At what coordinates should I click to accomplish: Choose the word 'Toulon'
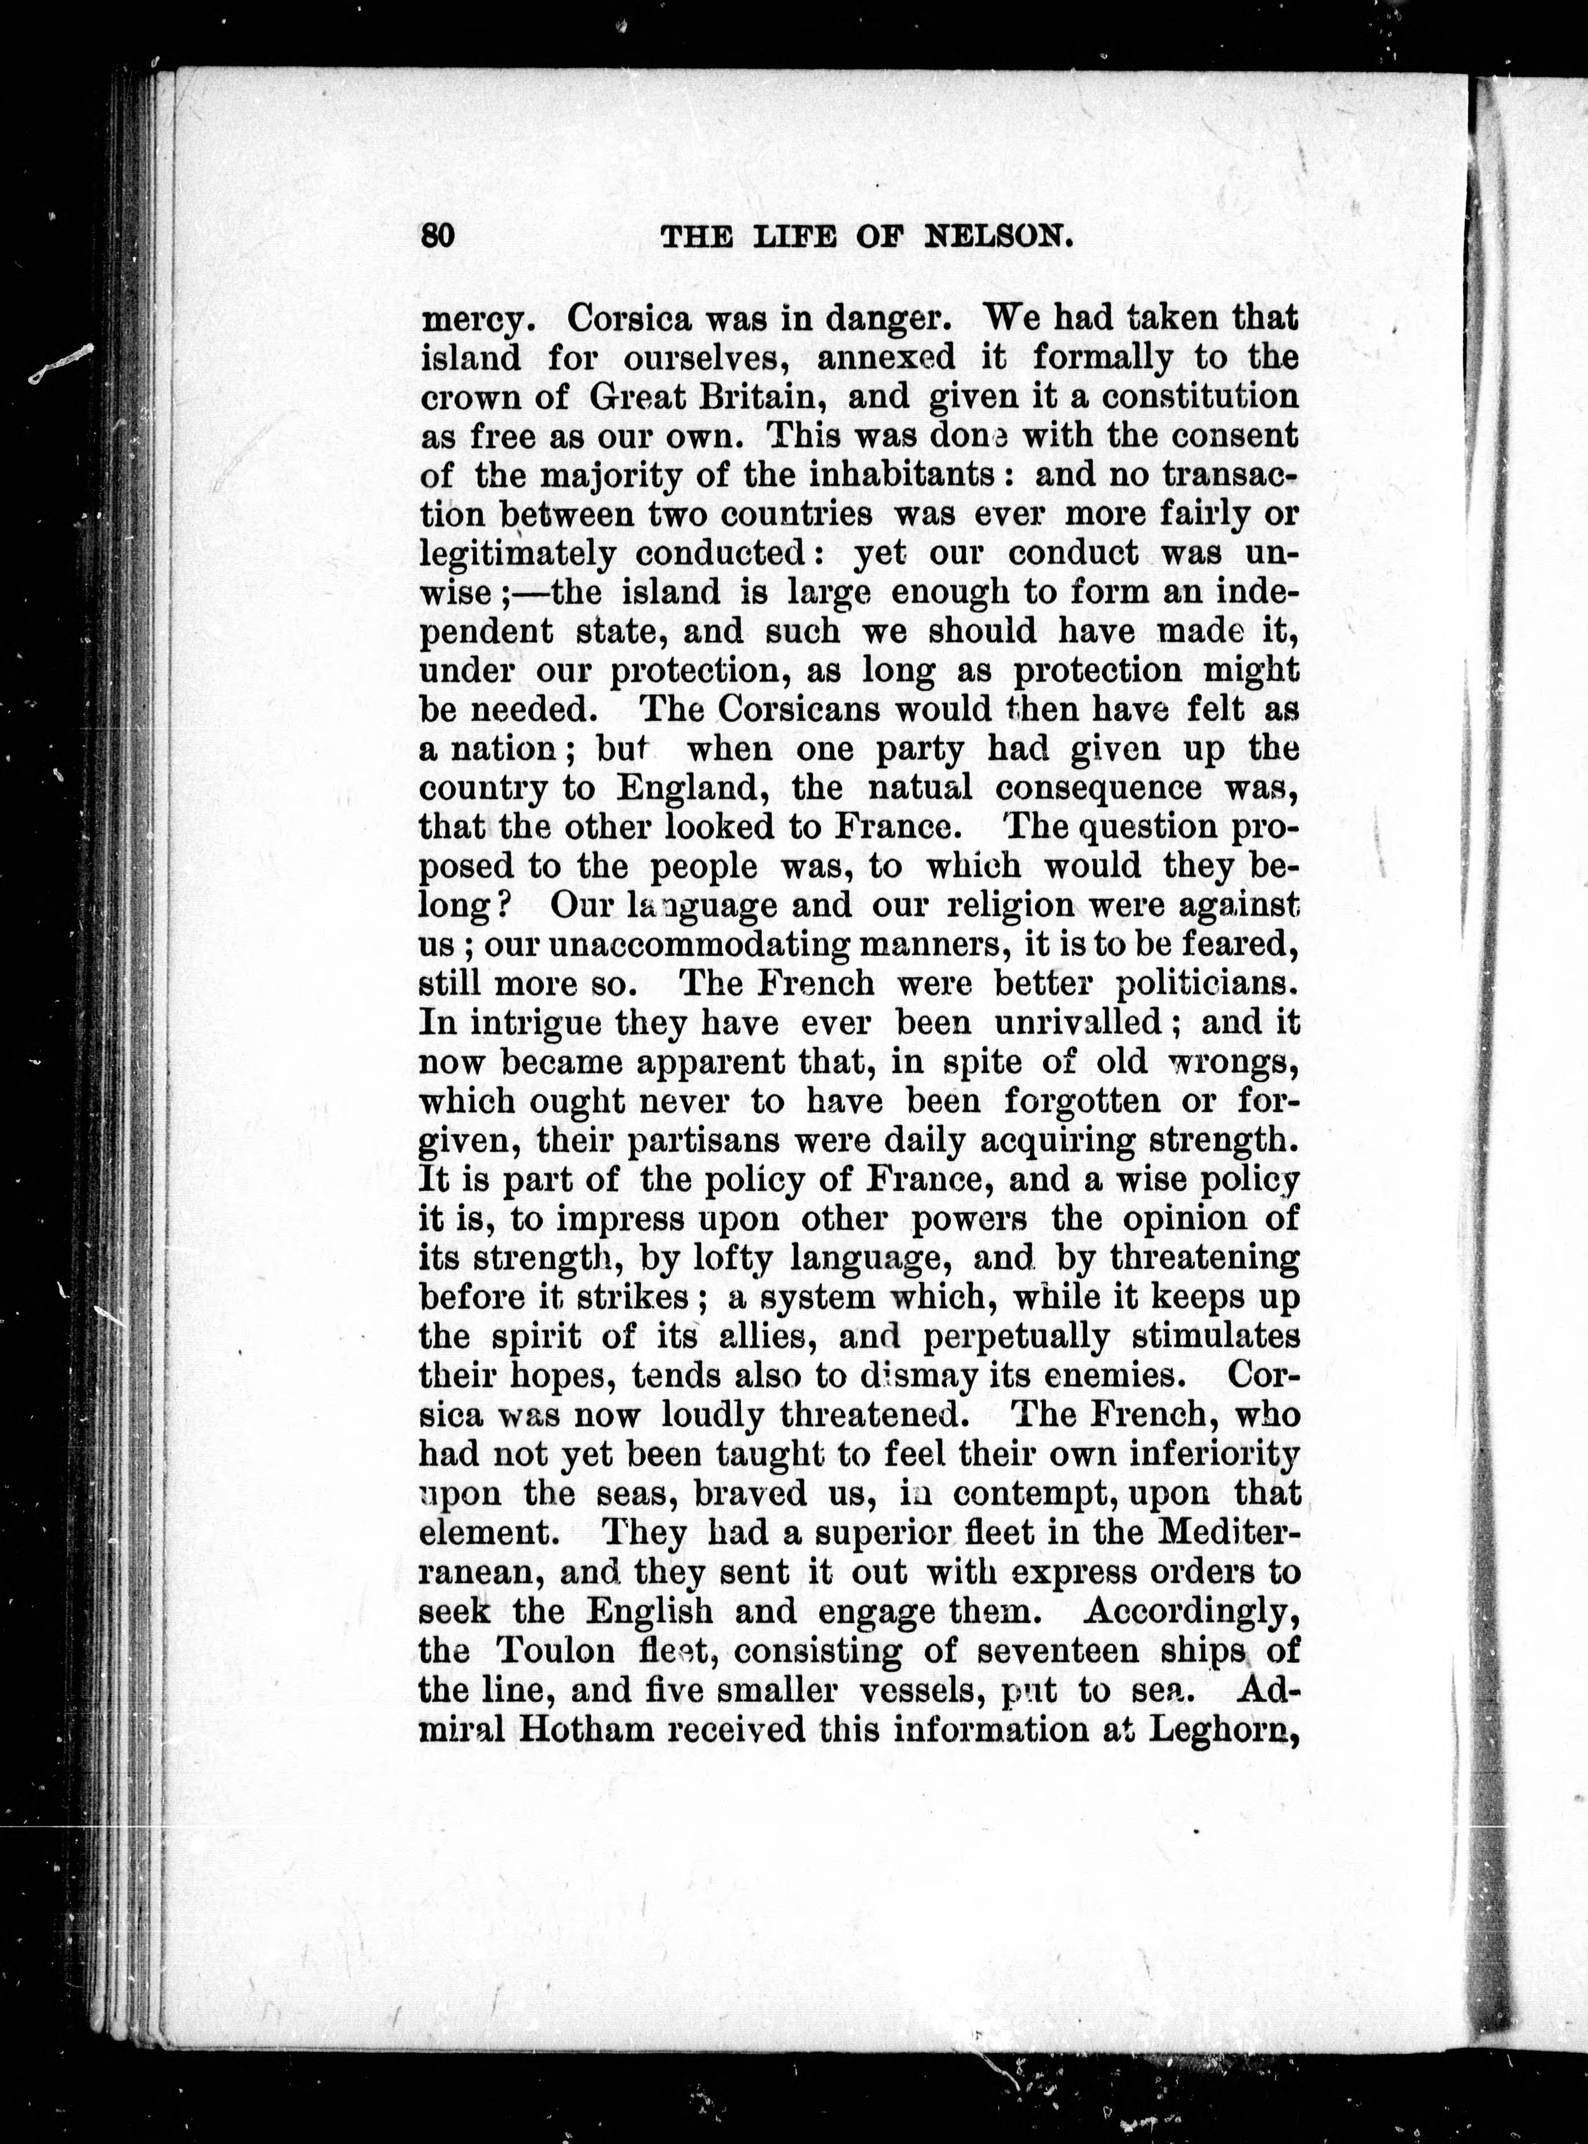pyautogui.click(x=555, y=1651)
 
